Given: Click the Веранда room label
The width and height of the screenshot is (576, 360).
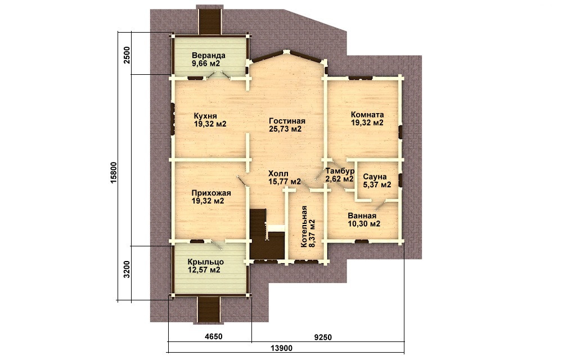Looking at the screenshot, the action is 208,56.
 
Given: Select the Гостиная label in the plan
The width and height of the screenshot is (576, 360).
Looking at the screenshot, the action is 287,121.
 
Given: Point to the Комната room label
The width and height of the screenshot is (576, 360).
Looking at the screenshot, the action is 367,115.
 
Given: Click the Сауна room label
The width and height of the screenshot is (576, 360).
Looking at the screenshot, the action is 374,177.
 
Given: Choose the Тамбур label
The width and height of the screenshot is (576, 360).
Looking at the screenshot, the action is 340,171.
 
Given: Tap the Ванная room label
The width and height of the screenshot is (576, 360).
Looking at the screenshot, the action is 362,215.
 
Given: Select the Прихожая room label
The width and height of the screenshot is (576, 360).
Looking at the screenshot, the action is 211,193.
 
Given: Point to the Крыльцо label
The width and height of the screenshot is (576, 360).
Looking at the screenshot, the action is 206,262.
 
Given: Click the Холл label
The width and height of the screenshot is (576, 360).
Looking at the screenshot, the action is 278,173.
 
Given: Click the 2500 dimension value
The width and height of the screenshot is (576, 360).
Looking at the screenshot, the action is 127,55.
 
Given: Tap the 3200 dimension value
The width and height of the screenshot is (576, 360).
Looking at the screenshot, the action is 127,269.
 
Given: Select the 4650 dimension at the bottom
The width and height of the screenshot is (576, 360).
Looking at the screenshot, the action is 213,337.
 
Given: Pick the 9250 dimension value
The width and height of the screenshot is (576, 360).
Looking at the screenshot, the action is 323,337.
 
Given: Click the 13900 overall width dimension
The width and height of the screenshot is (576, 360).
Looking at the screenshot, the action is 281,348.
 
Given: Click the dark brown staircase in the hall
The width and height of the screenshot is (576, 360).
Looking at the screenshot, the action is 266,234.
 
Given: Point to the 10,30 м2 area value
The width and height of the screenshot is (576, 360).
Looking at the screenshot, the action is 364,224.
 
